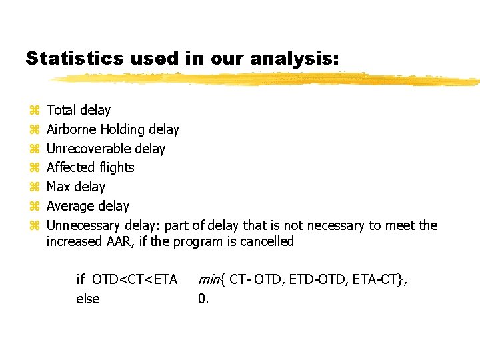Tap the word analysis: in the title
[295, 59]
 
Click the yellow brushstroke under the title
[267, 79]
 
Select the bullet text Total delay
[79, 110]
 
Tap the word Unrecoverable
[88, 149]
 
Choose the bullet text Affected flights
[90, 167]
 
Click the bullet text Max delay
[75, 187]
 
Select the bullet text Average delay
[87, 206]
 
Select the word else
[88, 299]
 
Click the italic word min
[209, 279]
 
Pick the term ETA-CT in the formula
[380, 279]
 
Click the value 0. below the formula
[203, 299]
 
